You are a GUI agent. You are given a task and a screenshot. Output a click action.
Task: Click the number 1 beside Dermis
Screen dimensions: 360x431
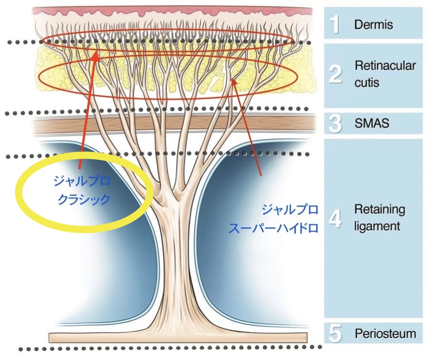pos(336,24)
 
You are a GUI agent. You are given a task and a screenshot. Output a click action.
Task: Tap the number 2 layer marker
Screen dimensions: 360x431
pos(336,75)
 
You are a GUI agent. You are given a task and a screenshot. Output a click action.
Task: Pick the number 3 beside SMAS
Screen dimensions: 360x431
pos(336,123)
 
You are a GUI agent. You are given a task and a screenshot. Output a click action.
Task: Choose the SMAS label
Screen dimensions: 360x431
pos(372,123)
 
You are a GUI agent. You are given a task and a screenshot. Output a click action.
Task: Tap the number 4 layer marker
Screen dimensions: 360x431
pos(336,218)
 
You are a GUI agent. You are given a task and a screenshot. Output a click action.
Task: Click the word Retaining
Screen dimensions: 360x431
pos(379,210)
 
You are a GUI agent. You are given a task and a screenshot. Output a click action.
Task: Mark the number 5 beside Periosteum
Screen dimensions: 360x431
pos(336,334)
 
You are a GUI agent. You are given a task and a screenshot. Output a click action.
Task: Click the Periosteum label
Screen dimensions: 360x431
pos(385,334)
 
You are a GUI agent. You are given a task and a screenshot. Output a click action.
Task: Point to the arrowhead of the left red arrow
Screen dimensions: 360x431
pos(95,55)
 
